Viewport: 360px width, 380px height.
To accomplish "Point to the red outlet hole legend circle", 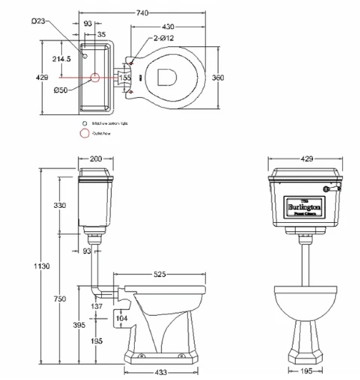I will click(85, 134).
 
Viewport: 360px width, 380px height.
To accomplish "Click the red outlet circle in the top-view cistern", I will click(94, 77).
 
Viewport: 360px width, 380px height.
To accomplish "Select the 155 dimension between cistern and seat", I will click(125, 77).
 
